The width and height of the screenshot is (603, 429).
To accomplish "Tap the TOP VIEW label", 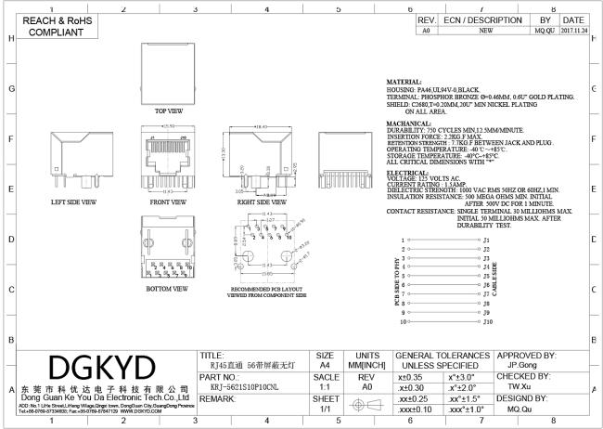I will pyautogui.click(x=168, y=109).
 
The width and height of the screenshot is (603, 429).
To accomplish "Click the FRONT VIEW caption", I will pyautogui.click(x=168, y=201).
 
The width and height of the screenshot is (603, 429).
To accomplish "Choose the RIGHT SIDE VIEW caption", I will pyautogui.click(x=260, y=201).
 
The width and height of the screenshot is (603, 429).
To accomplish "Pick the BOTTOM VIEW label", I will pyautogui.click(x=168, y=288).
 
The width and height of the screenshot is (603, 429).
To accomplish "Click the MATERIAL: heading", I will pyautogui.click(x=406, y=83).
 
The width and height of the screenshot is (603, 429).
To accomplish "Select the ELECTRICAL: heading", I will pyautogui.click(x=407, y=173).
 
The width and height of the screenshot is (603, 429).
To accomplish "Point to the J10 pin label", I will pyautogui.click(x=486, y=323).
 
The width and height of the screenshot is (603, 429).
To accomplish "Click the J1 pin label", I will pyautogui.click(x=486, y=240).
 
